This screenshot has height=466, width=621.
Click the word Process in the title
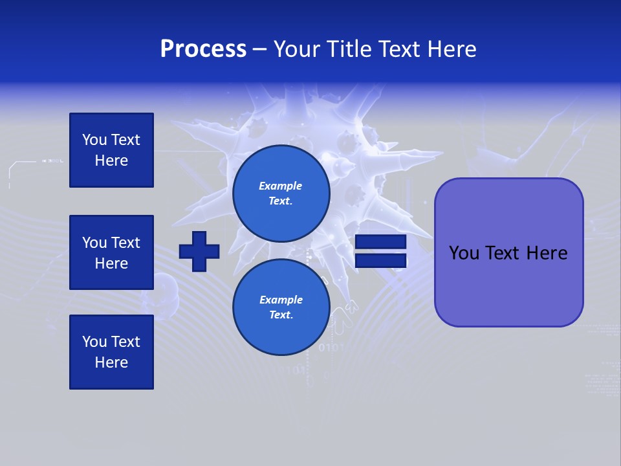click(x=203, y=49)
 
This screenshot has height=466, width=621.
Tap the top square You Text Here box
click(x=111, y=150)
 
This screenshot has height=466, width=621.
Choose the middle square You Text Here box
click(x=111, y=252)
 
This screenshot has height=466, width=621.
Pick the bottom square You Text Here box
click(x=111, y=352)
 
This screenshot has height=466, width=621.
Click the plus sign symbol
click(x=199, y=251)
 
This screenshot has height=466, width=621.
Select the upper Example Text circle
click(x=281, y=193)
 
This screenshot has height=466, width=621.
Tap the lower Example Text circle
click(x=281, y=307)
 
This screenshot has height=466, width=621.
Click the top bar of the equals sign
click(x=380, y=242)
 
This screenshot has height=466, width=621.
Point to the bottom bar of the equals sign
click(x=380, y=260)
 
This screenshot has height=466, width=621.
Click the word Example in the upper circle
click(x=281, y=186)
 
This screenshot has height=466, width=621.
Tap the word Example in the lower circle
click(x=281, y=300)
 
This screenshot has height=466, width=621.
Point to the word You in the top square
click(x=94, y=140)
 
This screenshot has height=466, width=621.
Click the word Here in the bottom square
click(x=111, y=362)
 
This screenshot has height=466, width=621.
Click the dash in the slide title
click(x=260, y=49)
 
